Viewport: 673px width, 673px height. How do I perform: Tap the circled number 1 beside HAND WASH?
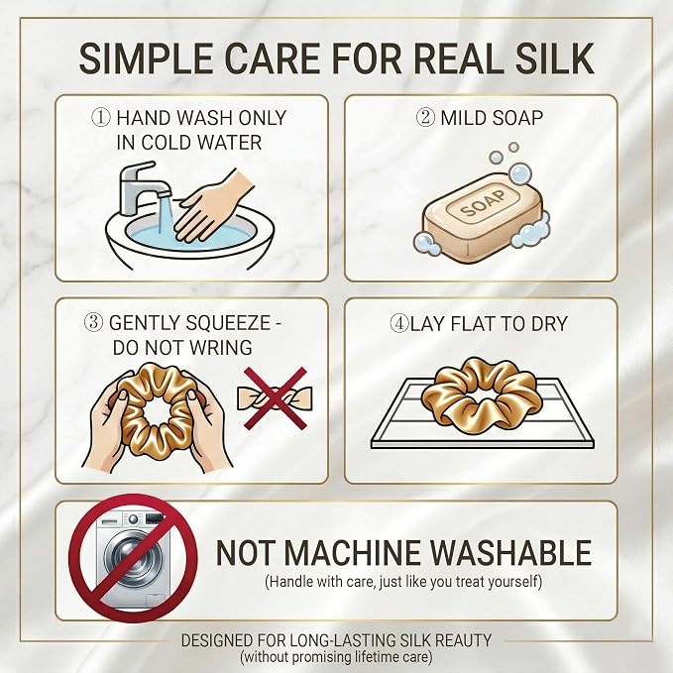[101, 118]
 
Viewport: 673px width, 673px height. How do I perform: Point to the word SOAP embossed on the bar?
[483, 204]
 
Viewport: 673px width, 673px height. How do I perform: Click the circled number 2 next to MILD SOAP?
[425, 117]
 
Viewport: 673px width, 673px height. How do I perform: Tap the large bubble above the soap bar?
[519, 173]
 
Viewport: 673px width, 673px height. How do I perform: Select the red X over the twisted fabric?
[276, 397]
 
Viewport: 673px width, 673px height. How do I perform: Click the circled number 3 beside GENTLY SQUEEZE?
[93, 323]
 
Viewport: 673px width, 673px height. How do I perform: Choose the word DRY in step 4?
[549, 324]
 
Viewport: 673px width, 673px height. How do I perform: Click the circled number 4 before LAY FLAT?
[398, 323]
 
